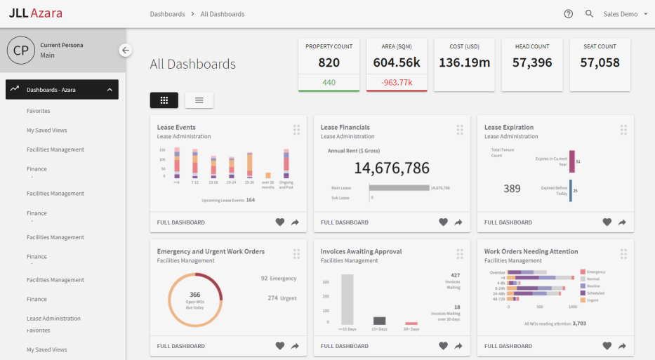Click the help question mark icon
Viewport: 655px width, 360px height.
click(568, 14)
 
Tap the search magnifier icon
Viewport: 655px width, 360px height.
click(589, 14)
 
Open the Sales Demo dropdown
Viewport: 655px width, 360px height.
click(625, 14)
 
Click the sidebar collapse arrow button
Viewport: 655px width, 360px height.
click(125, 50)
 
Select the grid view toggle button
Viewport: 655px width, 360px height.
click(164, 100)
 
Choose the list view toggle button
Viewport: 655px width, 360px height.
click(199, 100)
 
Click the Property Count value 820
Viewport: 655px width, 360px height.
click(329, 62)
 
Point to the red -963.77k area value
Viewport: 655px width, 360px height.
click(397, 82)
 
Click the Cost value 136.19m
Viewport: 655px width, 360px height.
click(464, 62)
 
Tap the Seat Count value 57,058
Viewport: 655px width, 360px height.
click(600, 62)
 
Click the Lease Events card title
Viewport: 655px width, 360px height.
click(176, 128)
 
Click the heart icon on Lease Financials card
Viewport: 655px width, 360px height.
click(443, 222)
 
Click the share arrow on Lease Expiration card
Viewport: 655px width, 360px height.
click(622, 222)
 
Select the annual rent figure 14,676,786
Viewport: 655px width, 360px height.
click(391, 168)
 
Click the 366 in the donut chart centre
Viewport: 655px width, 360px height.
click(195, 295)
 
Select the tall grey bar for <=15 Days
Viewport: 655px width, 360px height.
click(347, 299)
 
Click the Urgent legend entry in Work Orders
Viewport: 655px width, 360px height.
click(593, 300)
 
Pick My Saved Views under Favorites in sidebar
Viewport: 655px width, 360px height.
click(47, 131)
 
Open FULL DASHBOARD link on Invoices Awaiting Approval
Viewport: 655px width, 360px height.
click(344, 346)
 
